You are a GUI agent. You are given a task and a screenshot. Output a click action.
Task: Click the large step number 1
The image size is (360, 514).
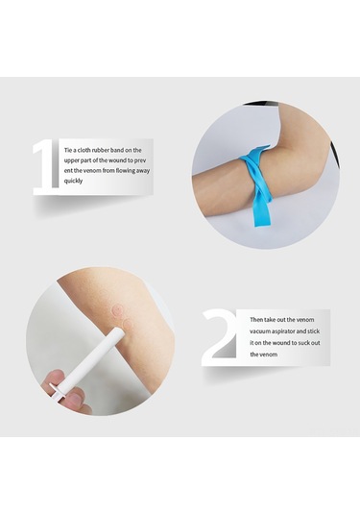pos(45,168)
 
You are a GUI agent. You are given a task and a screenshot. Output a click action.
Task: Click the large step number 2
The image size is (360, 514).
pos(222,336)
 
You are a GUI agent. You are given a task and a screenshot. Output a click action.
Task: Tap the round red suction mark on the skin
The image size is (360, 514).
pos(120,310)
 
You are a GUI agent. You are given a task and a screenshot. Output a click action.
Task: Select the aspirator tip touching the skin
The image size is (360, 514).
pos(115,332)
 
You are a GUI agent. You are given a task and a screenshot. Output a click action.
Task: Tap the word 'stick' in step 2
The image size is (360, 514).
pos(314,331)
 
